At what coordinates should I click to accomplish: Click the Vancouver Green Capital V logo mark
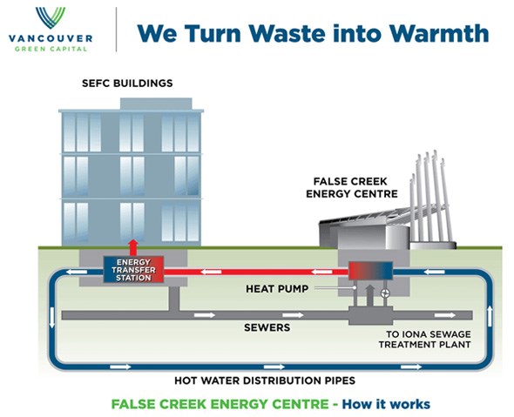(51, 17)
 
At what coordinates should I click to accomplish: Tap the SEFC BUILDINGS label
(127, 84)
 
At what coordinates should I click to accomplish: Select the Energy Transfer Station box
(133, 270)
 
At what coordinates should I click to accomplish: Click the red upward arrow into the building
(133, 247)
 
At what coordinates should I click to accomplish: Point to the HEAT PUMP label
(277, 288)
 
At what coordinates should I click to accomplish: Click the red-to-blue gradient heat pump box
(370, 271)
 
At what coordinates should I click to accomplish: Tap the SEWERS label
(267, 327)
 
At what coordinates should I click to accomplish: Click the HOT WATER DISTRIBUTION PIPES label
(265, 380)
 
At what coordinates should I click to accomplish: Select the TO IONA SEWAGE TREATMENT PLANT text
(425, 340)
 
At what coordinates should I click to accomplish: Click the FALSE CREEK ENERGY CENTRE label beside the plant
(352, 187)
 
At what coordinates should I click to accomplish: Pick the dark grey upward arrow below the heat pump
(369, 295)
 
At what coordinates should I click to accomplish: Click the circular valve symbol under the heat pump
(385, 293)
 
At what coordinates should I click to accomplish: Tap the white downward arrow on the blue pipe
(51, 317)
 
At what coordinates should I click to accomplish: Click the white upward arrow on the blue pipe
(490, 316)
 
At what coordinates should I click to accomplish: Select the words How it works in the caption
(386, 404)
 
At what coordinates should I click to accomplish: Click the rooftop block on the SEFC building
(156, 104)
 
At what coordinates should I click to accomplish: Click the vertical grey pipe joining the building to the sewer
(174, 299)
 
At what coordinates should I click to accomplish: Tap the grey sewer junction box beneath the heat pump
(370, 315)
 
